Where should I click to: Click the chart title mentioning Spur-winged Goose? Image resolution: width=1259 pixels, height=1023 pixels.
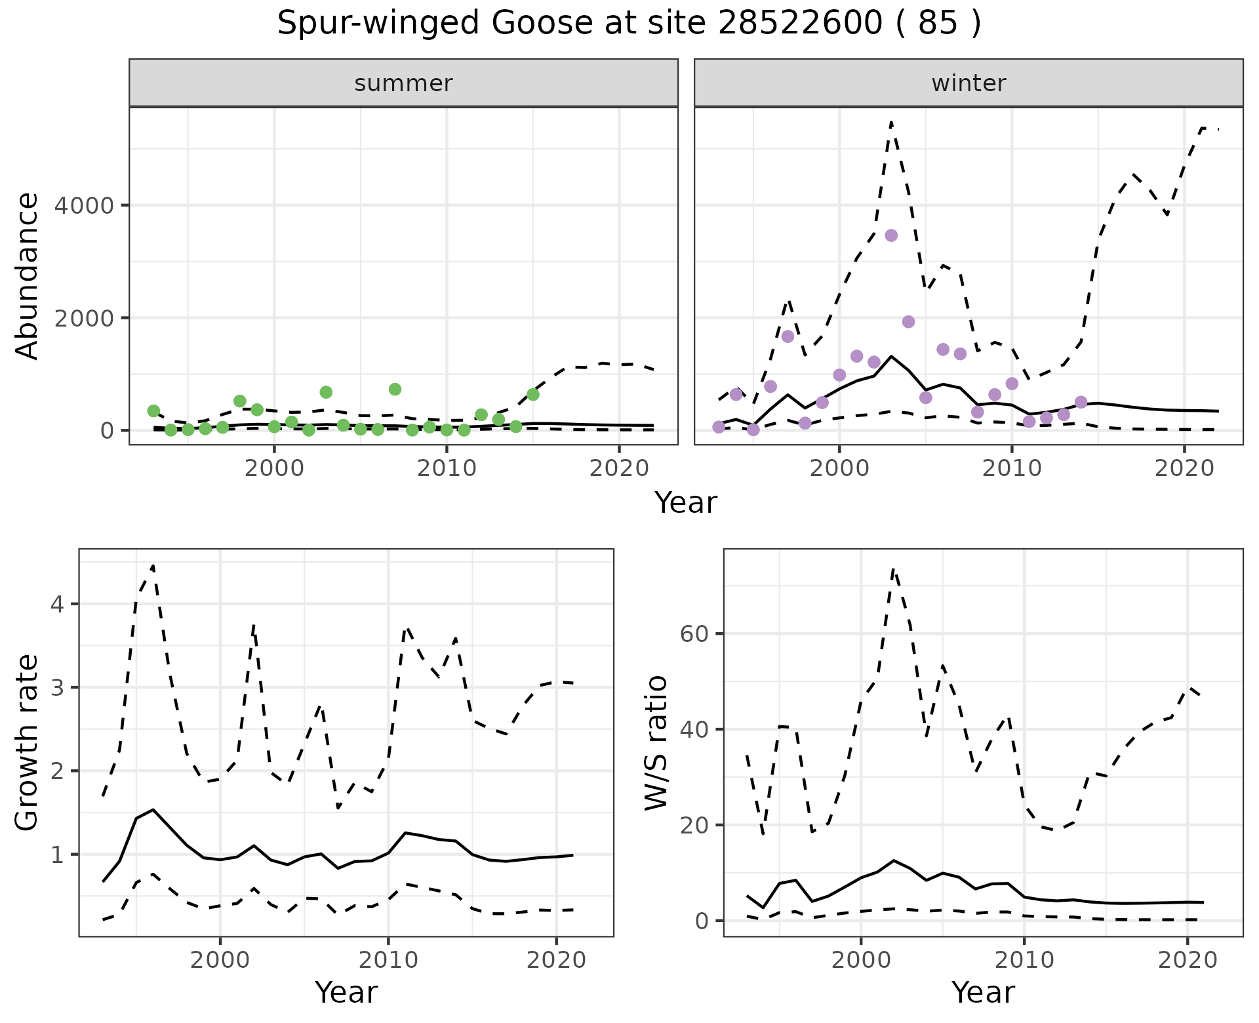(629, 24)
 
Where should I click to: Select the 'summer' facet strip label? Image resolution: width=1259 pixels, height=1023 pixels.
(403, 83)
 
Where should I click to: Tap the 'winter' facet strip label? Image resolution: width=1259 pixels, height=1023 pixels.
(969, 83)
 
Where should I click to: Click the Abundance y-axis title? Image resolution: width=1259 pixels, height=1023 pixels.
(28, 275)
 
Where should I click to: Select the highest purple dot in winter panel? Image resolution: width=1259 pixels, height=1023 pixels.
(890, 235)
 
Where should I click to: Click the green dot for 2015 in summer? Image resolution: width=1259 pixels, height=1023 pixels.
(532, 394)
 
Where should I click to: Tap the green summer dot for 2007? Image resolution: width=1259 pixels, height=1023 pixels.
(395, 389)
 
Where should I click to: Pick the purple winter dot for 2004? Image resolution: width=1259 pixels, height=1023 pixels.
(908, 321)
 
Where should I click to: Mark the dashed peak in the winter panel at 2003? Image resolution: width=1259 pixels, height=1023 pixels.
(891, 122)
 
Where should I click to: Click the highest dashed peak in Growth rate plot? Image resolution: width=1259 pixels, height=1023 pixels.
(153, 565)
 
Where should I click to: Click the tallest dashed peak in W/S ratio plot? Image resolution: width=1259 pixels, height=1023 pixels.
(893, 569)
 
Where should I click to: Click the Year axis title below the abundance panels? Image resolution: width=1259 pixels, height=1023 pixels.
(686, 503)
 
